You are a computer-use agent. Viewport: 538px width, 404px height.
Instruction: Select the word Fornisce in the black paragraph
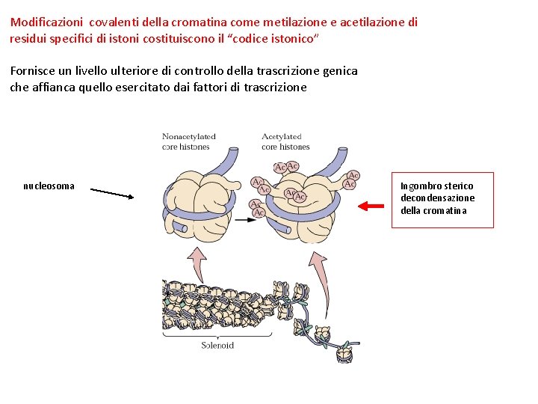(33, 71)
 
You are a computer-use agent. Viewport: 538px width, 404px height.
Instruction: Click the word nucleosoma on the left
(49, 186)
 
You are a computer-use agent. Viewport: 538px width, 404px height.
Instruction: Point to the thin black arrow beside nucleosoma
(111, 193)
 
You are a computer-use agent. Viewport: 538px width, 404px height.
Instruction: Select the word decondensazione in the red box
(437, 198)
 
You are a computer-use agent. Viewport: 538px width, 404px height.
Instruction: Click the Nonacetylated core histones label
(189, 141)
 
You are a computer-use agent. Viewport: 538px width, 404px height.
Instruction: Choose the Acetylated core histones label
(285, 141)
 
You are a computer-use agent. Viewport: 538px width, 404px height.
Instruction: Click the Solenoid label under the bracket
(217, 345)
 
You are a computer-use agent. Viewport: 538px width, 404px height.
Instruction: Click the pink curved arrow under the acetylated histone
(319, 277)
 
